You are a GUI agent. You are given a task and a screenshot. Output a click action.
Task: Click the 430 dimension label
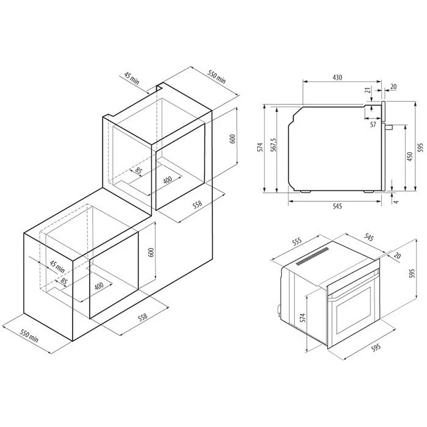pyautogui.click(x=337, y=77)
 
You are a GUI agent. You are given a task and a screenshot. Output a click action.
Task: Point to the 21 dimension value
pyautogui.click(x=368, y=90)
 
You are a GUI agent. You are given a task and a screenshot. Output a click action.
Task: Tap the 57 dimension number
pyautogui.click(x=373, y=124)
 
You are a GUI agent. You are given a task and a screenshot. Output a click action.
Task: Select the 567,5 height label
pyautogui.click(x=274, y=145)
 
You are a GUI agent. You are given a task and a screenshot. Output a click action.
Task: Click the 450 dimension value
pyautogui.click(x=409, y=157)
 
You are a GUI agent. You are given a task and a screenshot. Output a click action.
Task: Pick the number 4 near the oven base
pyautogui.click(x=396, y=202)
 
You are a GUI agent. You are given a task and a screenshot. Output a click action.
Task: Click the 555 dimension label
pyautogui.click(x=297, y=241)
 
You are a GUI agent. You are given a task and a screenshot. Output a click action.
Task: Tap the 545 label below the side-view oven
pyautogui.click(x=337, y=206)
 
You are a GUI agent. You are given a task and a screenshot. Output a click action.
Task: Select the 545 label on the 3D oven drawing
pyautogui.click(x=368, y=238)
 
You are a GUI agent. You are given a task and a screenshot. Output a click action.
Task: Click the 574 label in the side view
pyautogui.click(x=261, y=147)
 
